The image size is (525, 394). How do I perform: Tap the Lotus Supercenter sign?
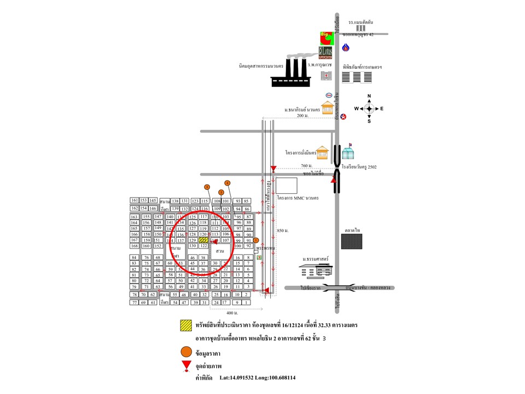[x=326, y=53]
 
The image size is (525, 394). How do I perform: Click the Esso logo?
[x=328, y=95]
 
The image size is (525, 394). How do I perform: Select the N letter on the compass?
[x=369, y=96]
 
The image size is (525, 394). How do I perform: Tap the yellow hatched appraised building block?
[x=203, y=240]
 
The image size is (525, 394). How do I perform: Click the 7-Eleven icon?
[x=259, y=256]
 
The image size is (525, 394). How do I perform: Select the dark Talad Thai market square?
[x=352, y=241]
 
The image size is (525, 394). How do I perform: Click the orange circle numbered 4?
[x=227, y=182]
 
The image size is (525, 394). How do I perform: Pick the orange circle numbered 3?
[x=207, y=187]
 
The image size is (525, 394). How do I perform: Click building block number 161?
[x=134, y=200]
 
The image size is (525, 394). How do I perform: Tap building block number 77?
[x=134, y=302]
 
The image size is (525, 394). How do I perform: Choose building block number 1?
[x=248, y=302]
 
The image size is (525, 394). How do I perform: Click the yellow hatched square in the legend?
[x=186, y=325]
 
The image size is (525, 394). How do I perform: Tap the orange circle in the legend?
[x=186, y=352]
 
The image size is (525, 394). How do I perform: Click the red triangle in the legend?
[x=186, y=366]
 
